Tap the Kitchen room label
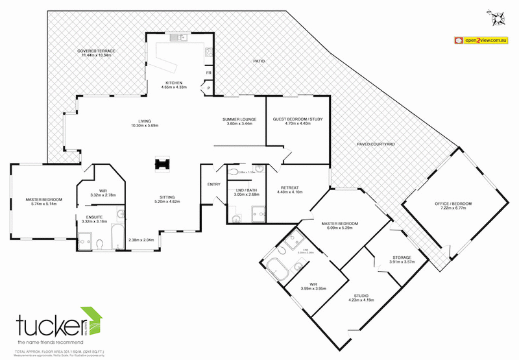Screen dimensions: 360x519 tap(173, 82)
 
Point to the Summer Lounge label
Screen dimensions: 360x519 tap(239, 119)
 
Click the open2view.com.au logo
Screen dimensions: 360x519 tap(480, 40)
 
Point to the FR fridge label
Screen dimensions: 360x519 tap(209, 73)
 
